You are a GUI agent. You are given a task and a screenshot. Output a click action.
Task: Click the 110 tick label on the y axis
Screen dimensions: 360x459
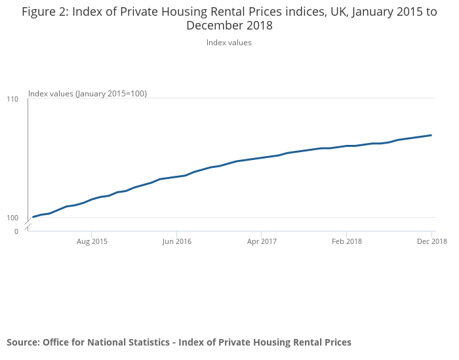pos(13,99)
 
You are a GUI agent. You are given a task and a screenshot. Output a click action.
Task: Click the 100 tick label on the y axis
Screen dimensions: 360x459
pos(13,218)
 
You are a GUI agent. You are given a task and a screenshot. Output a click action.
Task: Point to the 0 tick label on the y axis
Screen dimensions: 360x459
pos(16,231)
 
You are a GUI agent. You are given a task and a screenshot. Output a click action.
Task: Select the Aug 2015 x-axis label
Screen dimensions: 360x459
pos(92,241)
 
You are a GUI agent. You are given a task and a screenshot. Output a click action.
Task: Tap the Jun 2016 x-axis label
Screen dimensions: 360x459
pos(176,241)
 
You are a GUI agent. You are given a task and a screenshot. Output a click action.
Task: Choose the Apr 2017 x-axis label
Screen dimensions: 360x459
pos(262,241)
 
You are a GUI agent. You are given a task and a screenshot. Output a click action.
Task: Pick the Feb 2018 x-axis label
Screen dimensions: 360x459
pos(346,241)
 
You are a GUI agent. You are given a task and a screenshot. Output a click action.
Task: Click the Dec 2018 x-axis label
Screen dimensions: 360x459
pos(431,241)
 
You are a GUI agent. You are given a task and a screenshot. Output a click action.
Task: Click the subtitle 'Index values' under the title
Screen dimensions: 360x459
pos(229,43)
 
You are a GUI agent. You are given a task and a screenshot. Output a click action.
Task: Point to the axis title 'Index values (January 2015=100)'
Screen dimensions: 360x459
pos(87,94)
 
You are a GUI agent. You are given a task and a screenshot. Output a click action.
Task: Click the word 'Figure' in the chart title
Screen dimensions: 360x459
pos(41,12)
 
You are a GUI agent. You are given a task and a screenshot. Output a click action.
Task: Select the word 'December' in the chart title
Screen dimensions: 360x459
pos(213,26)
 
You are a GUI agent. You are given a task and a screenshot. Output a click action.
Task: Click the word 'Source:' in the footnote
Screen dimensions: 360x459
pos(23,342)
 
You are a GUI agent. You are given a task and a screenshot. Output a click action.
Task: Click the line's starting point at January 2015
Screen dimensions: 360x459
pos(33,217)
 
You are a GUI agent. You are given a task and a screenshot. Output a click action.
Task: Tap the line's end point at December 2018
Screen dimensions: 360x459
pos(431,135)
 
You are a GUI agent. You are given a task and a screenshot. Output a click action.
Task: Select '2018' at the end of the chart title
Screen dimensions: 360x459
pos(258,26)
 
